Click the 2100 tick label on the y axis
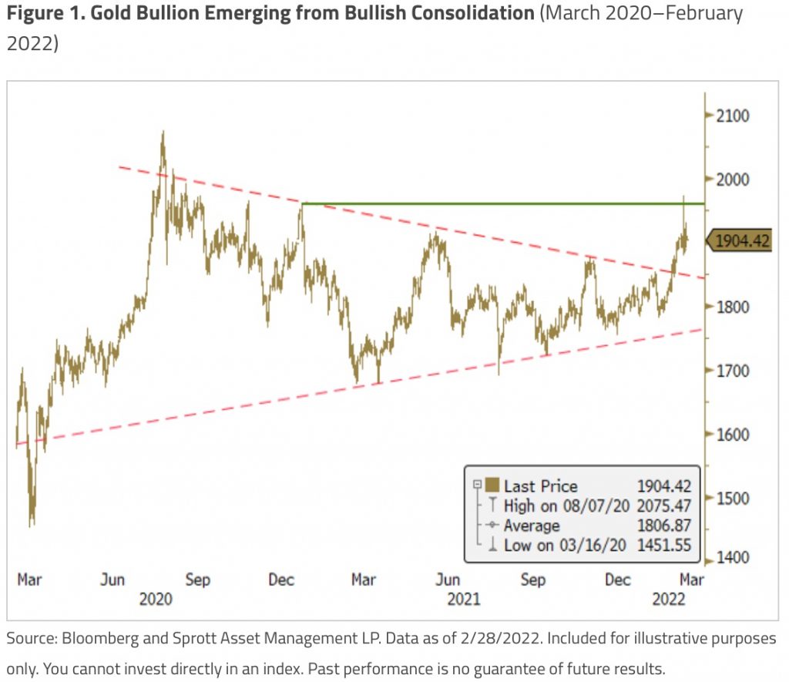pos(733,116)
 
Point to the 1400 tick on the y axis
pos(733,556)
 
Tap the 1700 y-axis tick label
pos(733,371)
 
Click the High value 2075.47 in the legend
pos(663,506)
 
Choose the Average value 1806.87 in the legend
pos(663,526)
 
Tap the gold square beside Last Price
pos(491,485)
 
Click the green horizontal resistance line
pos(501,203)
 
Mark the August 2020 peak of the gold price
pos(163,133)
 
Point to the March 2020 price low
pos(32,526)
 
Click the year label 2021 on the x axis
pos(464,598)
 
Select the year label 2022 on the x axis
pos(669,598)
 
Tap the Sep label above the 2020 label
pos(197,579)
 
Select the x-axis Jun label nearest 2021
pos(448,579)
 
